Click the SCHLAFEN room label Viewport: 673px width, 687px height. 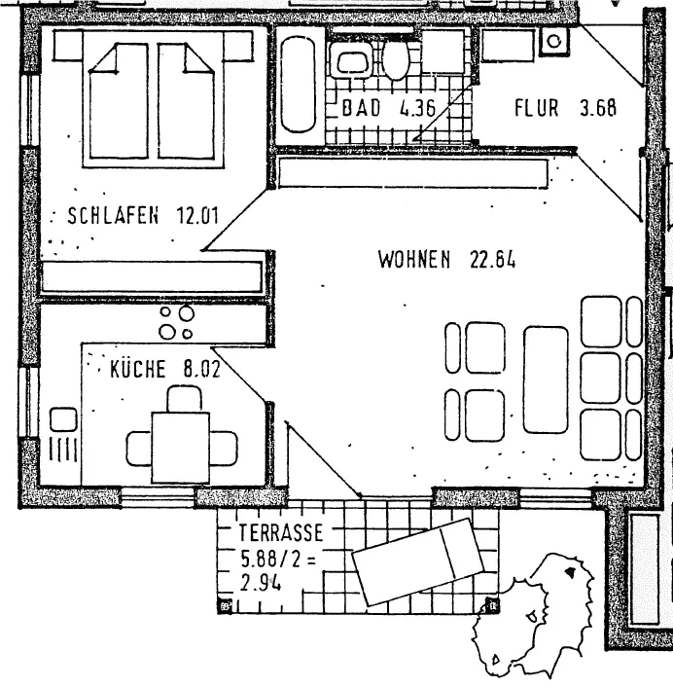tap(112, 216)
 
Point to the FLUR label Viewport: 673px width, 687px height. tap(536, 108)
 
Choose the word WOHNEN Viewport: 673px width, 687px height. tap(415, 260)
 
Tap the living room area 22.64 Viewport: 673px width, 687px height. tap(491, 260)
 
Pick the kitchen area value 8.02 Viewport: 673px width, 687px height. tap(202, 370)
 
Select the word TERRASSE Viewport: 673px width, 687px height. tap(279, 533)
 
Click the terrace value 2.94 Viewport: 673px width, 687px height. tap(261, 585)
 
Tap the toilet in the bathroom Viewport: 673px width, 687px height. tap(395, 60)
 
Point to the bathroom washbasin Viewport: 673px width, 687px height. tap(348, 61)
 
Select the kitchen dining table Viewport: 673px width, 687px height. tap(182, 447)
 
